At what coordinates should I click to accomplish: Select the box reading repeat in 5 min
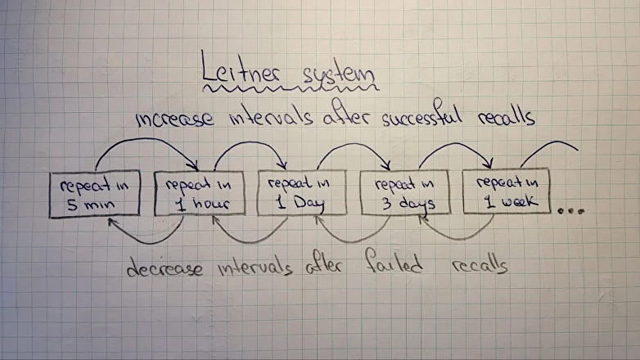[95, 195]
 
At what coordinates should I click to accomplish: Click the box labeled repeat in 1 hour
[199, 193]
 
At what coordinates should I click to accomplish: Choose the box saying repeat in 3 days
[404, 192]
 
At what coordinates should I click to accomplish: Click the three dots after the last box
[571, 211]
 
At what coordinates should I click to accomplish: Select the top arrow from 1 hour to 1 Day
[249, 145]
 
